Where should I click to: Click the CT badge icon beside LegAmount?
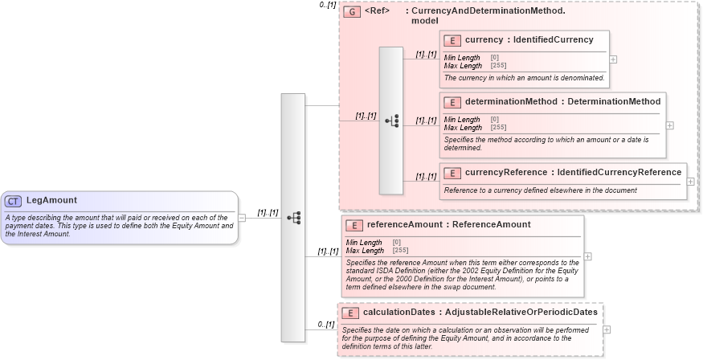[x=14, y=201]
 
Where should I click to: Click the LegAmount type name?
[x=51, y=200]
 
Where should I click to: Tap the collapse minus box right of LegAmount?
[x=242, y=217]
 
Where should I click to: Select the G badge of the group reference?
[x=351, y=12]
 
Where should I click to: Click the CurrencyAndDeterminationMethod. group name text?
[x=488, y=12]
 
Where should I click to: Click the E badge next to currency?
[x=452, y=39]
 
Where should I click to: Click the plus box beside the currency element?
[x=614, y=59]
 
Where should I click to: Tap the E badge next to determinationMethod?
[x=452, y=102]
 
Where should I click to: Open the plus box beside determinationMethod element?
[x=670, y=125]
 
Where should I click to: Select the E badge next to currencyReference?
[x=452, y=172]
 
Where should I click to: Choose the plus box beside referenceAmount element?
[x=588, y=256]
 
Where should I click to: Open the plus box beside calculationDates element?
[x=607, y=329]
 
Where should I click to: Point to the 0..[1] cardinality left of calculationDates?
[x=325, y=324]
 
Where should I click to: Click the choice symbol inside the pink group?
[x=391, y=121]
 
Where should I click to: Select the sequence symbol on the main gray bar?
[x=293, y=217]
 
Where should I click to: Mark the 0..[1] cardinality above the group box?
[x=327, y=5]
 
